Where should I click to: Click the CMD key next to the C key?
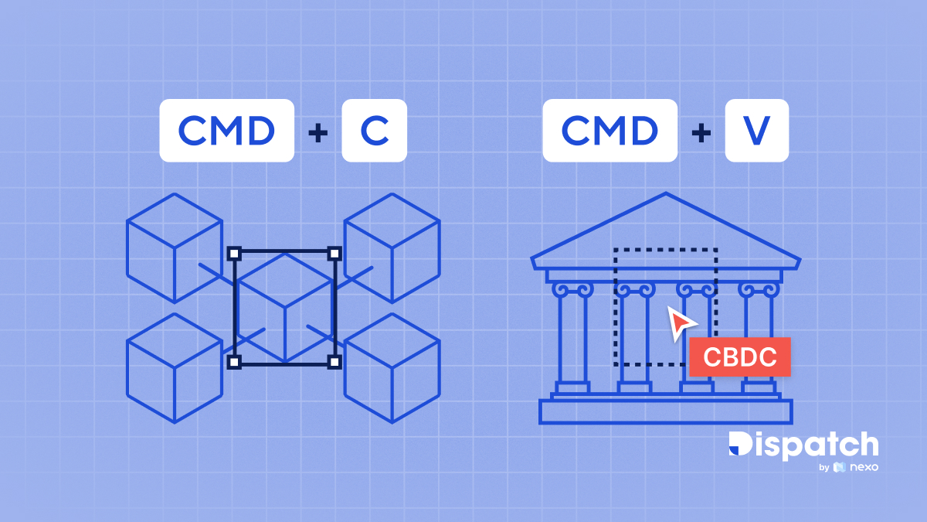pyautogui.click(x=226, y=131)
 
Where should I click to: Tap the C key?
pyautogui.click(x=374, y=131)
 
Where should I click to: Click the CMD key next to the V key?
pyautogui.click(x=610, y=131)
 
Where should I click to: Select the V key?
pyautogui.click(x=756, y=131)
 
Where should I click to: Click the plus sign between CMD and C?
pyautogui.click(x=317, y=132)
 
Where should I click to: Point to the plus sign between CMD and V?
pyautogui.click(x=701, y=132)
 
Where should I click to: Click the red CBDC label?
pyautogui.click(x=739, y=357)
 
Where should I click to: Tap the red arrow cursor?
pyautogui.click(x=681, y=322)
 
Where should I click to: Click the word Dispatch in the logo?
pyautogui.click(x=803, y=446)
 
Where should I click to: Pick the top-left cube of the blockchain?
pyautogui.click(x=175, y=247)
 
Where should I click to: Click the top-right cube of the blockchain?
pyautogui.click(x=392, y=247)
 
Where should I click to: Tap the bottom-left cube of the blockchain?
pyautogui.click(x=175, y=367)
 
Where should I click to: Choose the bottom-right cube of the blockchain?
pyautogui.click(x=392, y=367)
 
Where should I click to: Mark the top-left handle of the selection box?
pyautogui.click(x=235, y=253)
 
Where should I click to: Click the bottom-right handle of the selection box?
pyautogui.click(x=334, y=361)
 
